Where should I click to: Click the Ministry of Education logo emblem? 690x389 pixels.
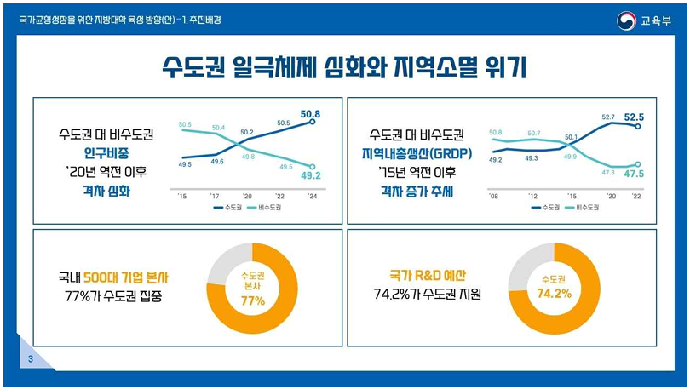[x=626, y=20]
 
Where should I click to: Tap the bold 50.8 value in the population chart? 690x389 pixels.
[x=310, y=113]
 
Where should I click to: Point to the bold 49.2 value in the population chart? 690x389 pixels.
[x=310, y=177]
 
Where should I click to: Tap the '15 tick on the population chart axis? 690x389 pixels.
[x=182, y=195]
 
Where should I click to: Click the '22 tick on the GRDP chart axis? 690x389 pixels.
[x=635, y=195]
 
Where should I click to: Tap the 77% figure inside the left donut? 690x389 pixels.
[x=253, y=300]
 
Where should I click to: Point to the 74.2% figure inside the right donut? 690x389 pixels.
[x=555, y=294]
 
